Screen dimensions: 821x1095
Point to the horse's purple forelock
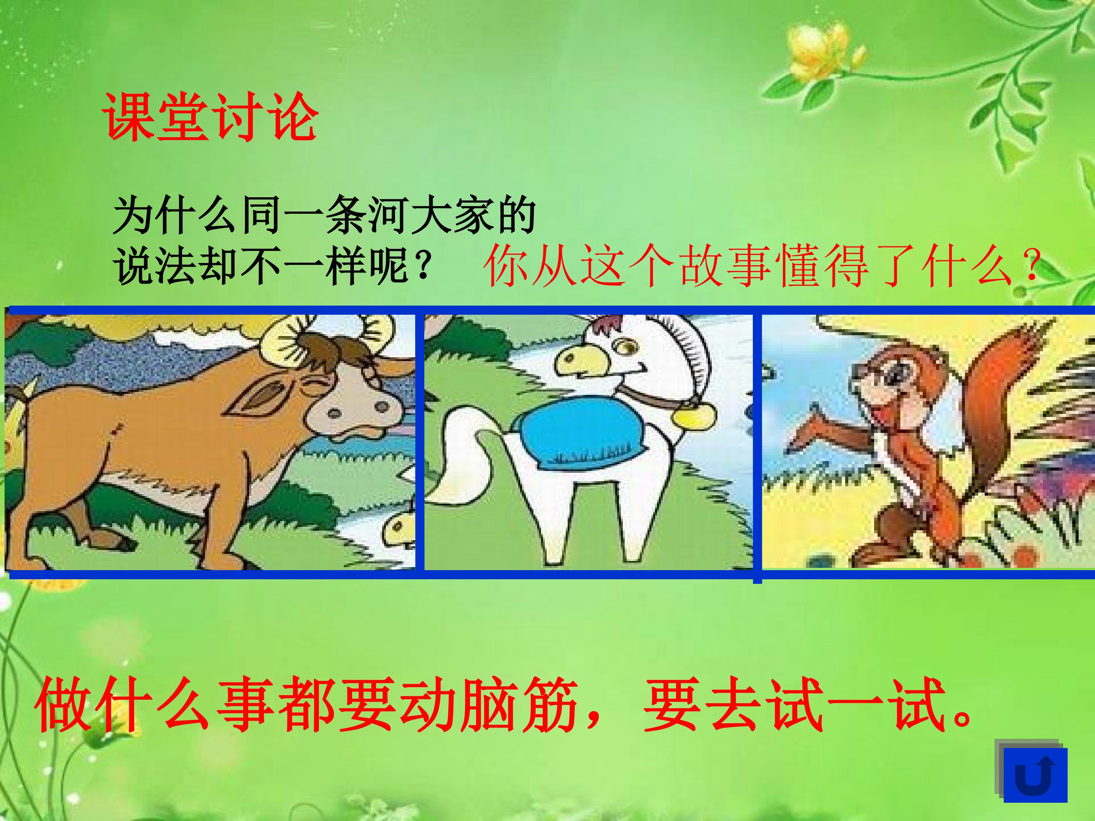(x=606, y=324)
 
